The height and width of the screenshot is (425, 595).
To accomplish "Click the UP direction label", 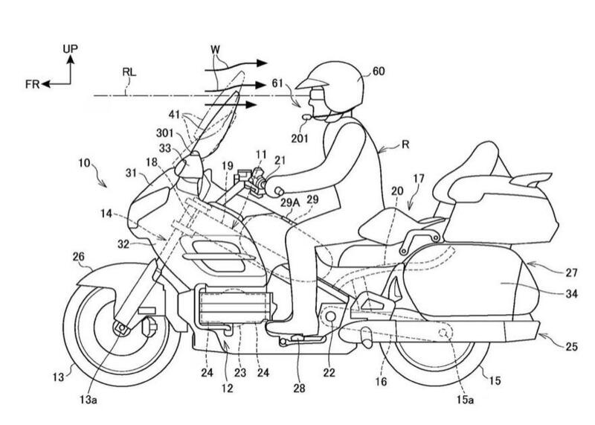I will click(x=71, y=48).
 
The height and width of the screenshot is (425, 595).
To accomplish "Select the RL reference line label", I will click(x=129, y=73).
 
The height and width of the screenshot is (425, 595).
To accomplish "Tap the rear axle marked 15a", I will click(x=445, y=332).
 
